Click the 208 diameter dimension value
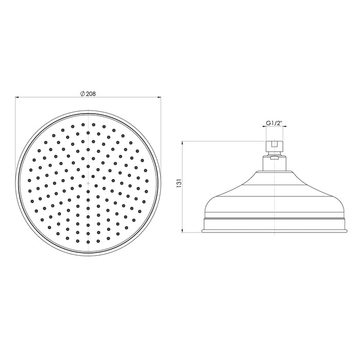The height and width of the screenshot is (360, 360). coord(92,94)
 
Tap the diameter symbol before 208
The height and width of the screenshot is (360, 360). coord(82,94)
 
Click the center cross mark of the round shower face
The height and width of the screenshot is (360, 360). coord(89,183)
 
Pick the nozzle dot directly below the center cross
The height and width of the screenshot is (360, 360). coord(89,191)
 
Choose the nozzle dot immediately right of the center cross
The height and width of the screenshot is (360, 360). coord(97,183)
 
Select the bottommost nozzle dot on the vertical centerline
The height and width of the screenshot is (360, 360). coord(89,241)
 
